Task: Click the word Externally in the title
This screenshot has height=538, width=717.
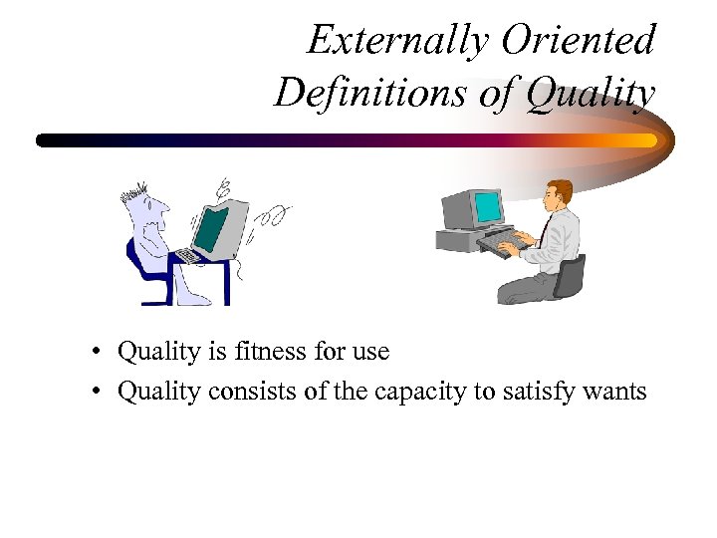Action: point(398,41)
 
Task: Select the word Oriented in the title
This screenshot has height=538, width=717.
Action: point(578,41)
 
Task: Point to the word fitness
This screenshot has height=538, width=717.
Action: point(273,352)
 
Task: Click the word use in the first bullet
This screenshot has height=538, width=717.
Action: point(369,353)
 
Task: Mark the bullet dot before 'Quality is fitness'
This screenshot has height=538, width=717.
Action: point(91,353)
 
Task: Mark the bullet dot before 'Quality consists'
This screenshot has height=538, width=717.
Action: point(91,393)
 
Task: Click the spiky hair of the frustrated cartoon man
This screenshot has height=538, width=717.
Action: point(133,190)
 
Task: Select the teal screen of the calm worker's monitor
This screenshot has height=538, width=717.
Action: point(488,208)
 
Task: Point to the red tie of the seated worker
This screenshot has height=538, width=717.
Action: point(546,228)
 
